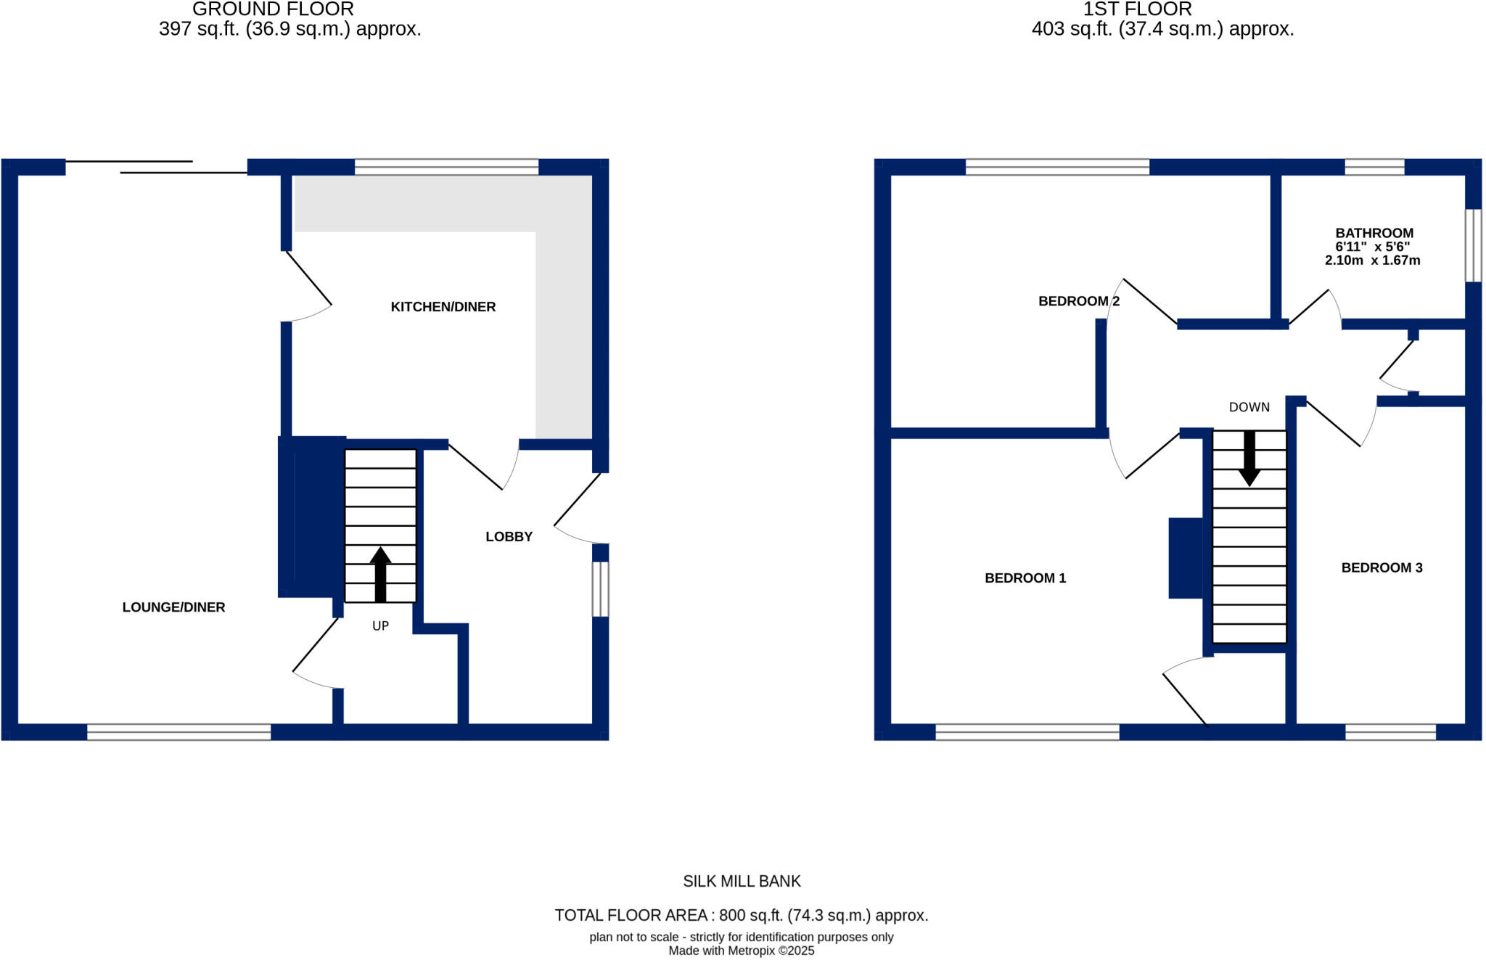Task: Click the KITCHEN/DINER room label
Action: coord(443,307)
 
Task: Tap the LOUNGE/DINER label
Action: coord(173,607)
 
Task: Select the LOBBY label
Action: coord(509,537)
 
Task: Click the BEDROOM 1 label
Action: coord(1025,578)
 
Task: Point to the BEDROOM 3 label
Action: coord(1382,568)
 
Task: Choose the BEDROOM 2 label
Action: coord(1078,301)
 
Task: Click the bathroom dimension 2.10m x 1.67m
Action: coord(1372,260)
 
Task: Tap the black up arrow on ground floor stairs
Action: coord(380,573)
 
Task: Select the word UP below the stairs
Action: coord(380,626)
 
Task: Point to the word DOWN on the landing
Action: coord(1249,408)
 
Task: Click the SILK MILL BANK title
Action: coord(742,882)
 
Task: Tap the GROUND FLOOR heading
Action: coord(273,9)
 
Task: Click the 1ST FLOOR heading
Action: coord(1137,9)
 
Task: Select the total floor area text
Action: coord(742,916)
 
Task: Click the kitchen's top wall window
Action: coord(446,167)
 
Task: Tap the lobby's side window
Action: coord(600,589)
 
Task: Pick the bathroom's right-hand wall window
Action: coord(1472,245)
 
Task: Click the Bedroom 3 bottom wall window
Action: coord(1390,732)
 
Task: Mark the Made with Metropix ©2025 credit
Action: coord(742,951)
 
